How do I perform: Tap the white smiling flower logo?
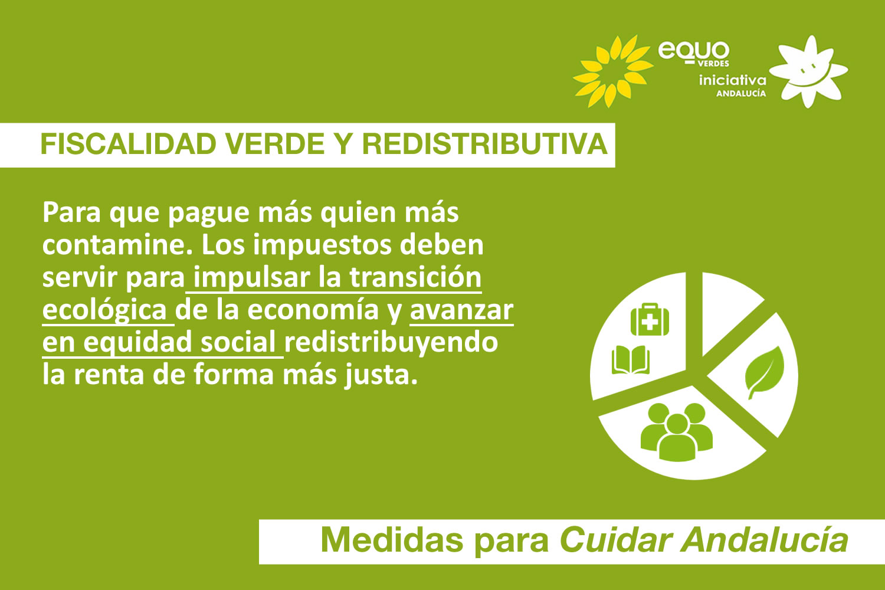tap(809, 71)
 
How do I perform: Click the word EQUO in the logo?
tap(694, 51)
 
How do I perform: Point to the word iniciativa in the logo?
tap(732, 80)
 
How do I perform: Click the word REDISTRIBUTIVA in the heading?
tap(484, 145)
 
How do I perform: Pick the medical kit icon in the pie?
tap(650, 320)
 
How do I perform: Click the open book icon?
tap(631, 360)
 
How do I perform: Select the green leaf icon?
tap(765, 372)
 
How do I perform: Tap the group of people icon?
tap(677, 431)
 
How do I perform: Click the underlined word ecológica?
tap(105, 310)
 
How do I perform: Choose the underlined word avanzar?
tap(461, 310)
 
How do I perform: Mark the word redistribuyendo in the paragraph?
tap(391, 343)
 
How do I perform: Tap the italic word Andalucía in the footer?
tap(765, 540)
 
